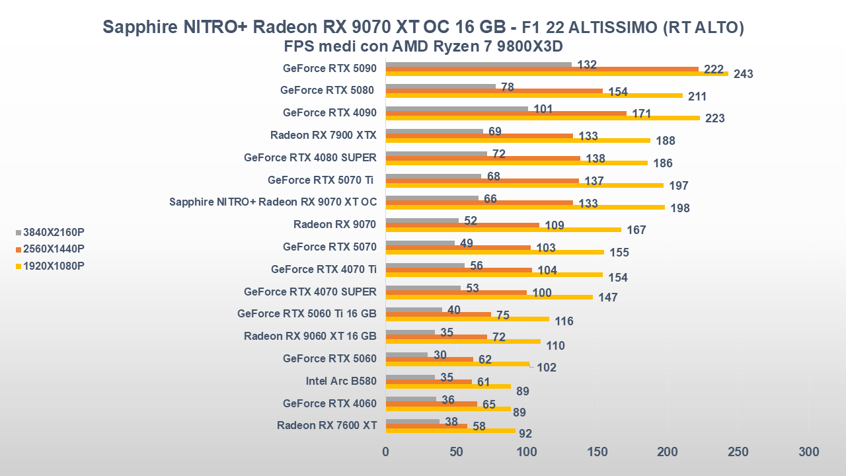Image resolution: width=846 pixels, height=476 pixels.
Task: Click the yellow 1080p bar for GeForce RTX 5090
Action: click(557, 73)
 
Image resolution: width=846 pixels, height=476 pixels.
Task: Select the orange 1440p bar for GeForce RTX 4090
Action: click(506, 113)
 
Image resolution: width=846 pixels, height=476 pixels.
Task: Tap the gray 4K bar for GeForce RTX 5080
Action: click(440, 86)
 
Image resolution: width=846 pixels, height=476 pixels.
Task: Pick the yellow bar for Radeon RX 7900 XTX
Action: click(518, 140)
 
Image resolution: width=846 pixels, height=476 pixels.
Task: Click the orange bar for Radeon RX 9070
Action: click(462, 225)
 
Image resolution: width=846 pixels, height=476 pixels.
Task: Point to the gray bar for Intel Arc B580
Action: click(410, 377)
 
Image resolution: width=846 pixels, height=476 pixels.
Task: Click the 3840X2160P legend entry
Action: click(54, 232)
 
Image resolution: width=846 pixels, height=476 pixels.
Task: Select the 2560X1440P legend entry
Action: click(54, 249)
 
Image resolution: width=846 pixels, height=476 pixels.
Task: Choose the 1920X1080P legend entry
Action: click(54, 266)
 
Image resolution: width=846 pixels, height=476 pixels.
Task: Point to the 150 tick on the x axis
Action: click(597, 452)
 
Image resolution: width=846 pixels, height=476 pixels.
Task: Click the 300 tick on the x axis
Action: click(808, 452)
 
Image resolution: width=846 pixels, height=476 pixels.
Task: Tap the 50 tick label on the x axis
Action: click(456, 452)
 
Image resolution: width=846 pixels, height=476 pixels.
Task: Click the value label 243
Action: click(744, 74)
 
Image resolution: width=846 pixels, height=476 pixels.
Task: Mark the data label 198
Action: click(679, 208)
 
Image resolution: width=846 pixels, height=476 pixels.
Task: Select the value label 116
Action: click(564, 321)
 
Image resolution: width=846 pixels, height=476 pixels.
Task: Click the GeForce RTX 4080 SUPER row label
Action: click(310, 157)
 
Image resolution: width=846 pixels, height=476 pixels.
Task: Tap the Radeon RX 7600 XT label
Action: click(327, 425)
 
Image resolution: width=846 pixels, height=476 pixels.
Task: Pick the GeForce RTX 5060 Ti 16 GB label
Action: click(307, 313)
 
